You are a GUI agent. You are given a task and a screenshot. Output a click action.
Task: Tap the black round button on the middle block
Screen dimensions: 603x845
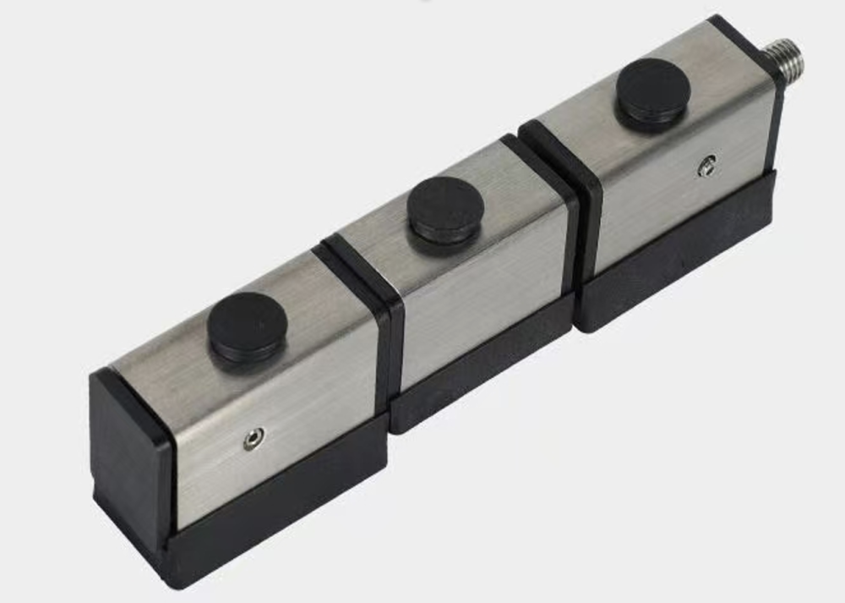click(445, 207)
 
